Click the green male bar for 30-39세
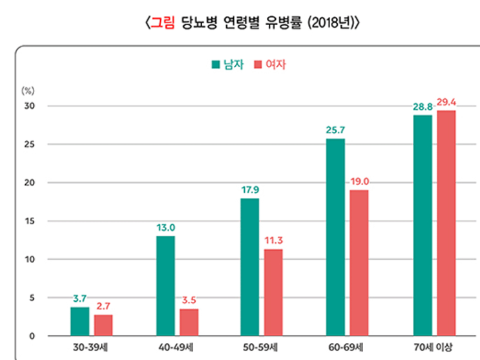[x=80, y=321]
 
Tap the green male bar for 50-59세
[x=250, y=267]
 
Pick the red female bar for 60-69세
[x=359, y=263]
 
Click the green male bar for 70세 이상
[x=423, y=226]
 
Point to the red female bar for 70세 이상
[x=446, y=223]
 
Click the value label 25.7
[x=335, y=131]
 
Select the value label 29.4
[x=447, y=102]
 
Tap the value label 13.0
[x=165, y=228]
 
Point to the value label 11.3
[x=274, y=240]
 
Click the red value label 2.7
[x=103, y=306]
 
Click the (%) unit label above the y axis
[x=27, y=91]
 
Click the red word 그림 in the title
[x=159, y=24]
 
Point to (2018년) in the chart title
[x=329, y=24]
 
